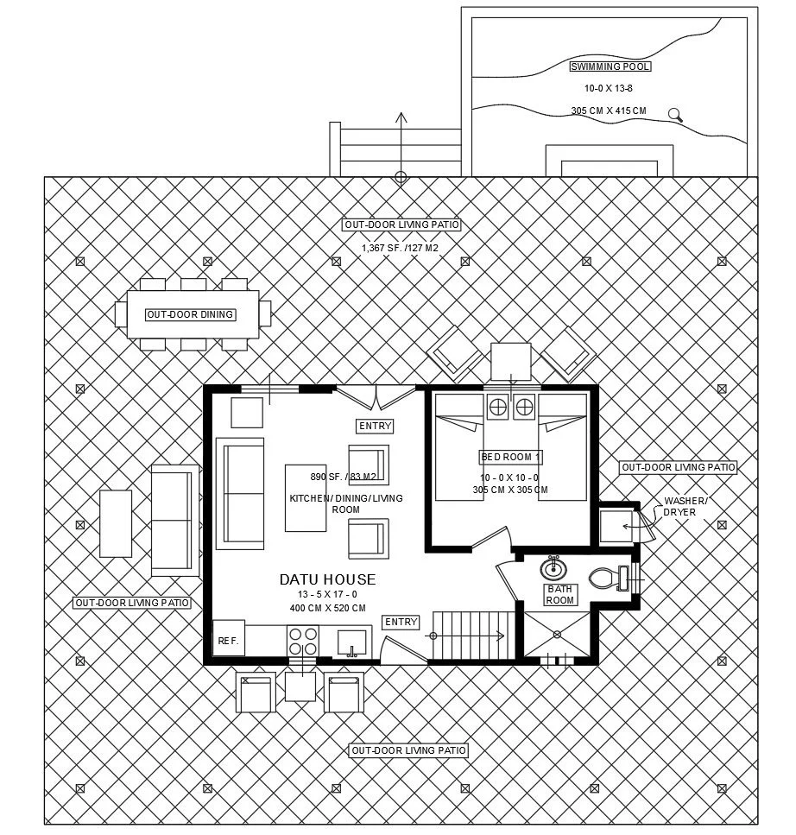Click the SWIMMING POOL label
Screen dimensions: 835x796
click(x=610, y=66)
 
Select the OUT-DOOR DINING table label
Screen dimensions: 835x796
click(x=190, y=314)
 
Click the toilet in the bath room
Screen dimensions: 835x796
click(x=608, y=577)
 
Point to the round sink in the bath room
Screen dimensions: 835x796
click(x=553, y=570)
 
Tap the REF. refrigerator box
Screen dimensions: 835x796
click(x=228, y=640)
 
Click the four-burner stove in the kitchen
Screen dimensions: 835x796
click(x=302, y=641)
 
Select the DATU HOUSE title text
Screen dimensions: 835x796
click(x=327, y=579)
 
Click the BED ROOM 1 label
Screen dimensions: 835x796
click(x=510, y=457)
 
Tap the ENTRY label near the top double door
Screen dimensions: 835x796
click(x=375, y=426)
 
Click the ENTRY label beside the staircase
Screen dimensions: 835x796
click(x=401, y=622)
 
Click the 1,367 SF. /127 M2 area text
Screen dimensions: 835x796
click(x=401, y=248)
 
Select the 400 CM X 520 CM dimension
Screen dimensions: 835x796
click(x=327, y=608)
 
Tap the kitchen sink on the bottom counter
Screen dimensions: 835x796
click(x=351, y=642)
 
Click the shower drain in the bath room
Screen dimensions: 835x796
click(x=558, y=633)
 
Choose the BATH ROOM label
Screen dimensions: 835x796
click(x=559, y=594)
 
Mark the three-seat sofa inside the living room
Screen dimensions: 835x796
click(x=240, y=493)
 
